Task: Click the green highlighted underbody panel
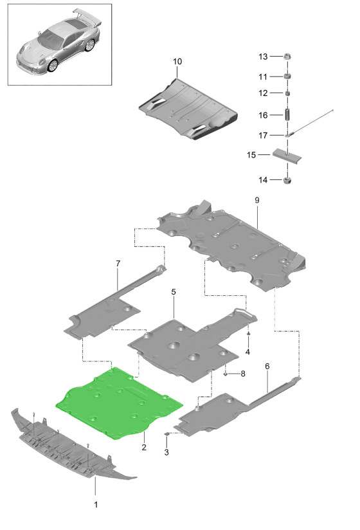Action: (x=118, y=404)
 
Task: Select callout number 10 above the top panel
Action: (x=177, y=62)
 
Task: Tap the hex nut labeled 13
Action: (x=287, y=57)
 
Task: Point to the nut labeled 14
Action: (x=287, y=180)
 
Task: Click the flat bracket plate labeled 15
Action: (x=287, y=156)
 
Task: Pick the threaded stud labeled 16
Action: (x=287, y=114)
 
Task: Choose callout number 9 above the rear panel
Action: (x=257, y=200)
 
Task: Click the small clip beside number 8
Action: (x=226, y=374)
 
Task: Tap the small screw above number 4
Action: (x=248, y=334)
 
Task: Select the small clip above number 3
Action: (x=166, y=434)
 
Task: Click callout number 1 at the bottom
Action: (x=96, y=504)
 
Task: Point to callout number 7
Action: (x=118, y=263)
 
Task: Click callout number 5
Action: (x=174, y=292)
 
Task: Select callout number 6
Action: (x=267, y=366)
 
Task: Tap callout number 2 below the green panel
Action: (x=144, y=447)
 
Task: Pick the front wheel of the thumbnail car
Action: (x=53, y=66)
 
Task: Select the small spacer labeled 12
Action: (x=287, y=93)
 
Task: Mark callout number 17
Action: (x=263, y=136)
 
